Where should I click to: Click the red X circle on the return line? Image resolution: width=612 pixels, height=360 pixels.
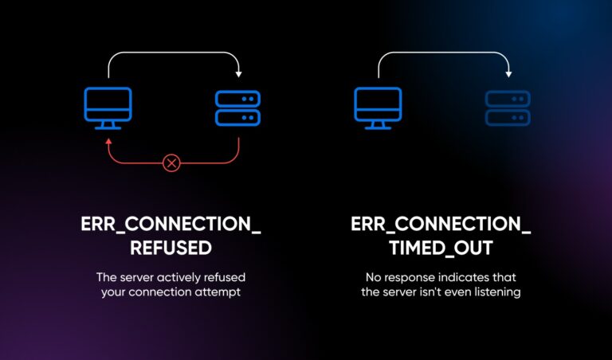pos(171,163)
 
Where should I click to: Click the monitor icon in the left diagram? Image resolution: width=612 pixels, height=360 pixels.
pos(108,107)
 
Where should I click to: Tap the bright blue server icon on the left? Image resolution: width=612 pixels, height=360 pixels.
pos(238,108)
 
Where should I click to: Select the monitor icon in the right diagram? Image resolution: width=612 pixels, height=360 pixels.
pos(377,107)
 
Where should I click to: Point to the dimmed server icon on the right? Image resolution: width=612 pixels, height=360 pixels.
pos(508,108)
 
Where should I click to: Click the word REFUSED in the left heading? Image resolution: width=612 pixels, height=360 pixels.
pos(171,248)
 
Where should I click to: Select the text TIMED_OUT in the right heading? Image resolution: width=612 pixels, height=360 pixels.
pos(441,248)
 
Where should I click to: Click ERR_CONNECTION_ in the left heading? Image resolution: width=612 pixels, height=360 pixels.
pos(171,225)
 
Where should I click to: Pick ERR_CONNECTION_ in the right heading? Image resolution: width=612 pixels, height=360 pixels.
pos(441,225)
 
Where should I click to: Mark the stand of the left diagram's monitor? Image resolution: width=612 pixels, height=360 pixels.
pos(108,125)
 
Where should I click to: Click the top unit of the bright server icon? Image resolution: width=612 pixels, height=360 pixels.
pos(238,99)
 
